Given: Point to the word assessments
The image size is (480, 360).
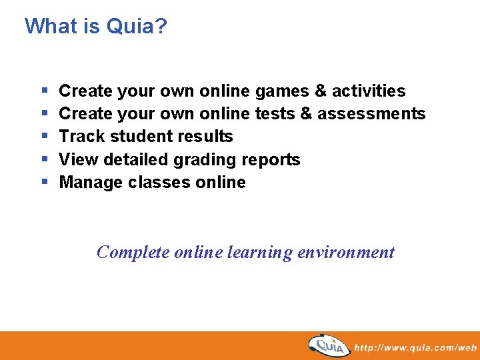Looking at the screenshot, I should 371,114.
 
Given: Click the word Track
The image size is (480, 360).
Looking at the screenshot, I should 81,137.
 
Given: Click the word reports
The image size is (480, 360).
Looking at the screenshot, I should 273,160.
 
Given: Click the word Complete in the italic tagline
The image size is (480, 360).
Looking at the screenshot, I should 133,253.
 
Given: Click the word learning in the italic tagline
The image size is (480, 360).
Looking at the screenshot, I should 259,253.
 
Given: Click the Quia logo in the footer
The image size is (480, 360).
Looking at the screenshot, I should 329,346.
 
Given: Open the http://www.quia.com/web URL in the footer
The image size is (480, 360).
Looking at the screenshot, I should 415,347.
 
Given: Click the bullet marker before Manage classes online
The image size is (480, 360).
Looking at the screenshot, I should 44,183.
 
